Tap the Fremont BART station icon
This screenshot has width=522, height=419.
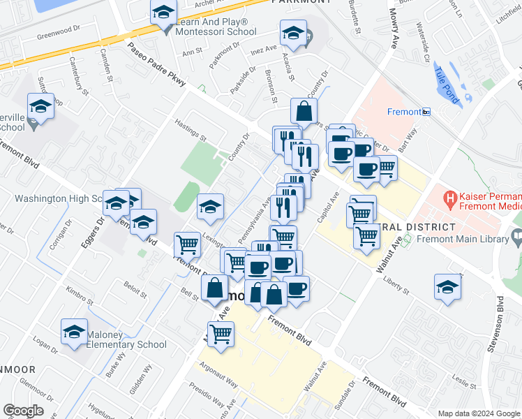(426, 112)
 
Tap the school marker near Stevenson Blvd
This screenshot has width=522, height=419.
(447, 286)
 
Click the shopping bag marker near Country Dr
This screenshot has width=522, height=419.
(304, 110)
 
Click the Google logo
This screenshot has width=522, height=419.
(24, 411)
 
